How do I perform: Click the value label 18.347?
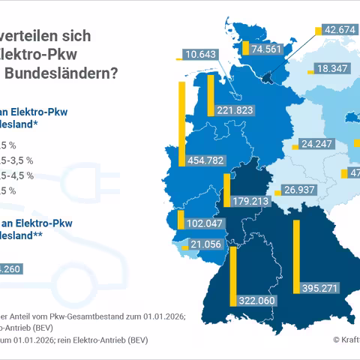pyautogui.click(x=331, y=68)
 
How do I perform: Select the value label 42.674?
pyautogui.click(x=339, y=30)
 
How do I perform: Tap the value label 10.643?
pyautogui.click(x=199, y=54)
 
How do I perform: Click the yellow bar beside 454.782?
pyautogui.click(x=182, y=123)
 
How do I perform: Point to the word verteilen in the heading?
pyautogui.click(x=37, y=35)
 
